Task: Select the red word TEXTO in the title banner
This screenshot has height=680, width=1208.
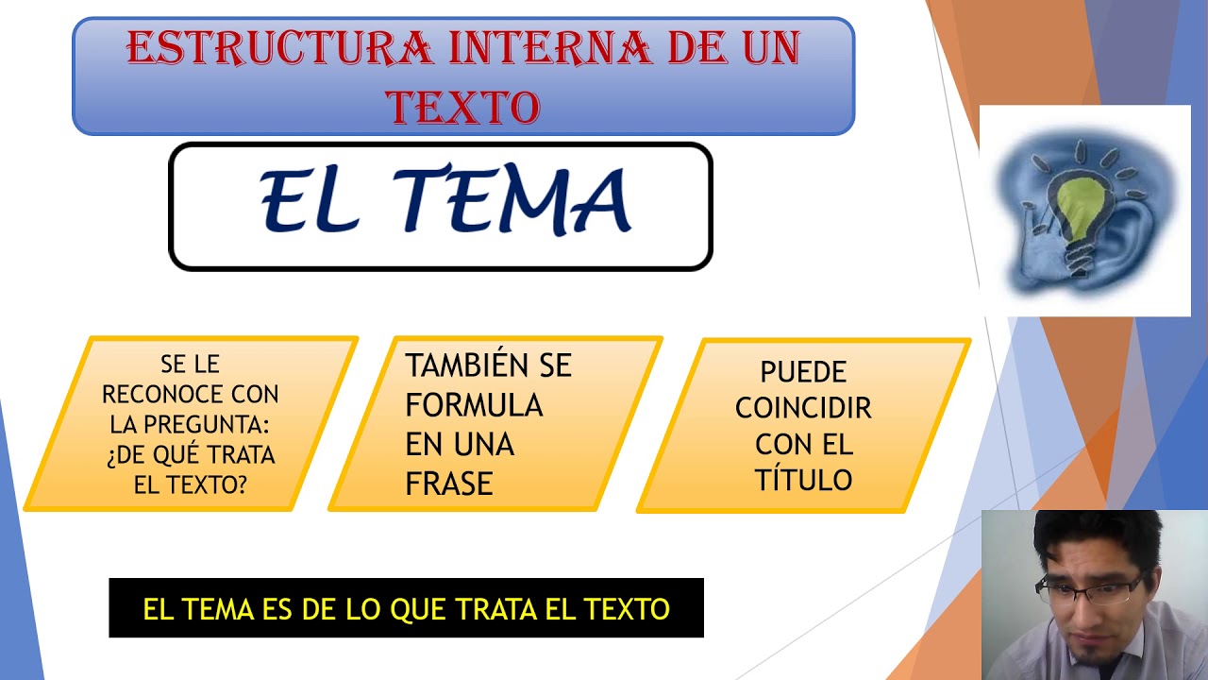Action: coord(463,107)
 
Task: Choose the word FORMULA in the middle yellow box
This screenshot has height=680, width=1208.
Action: coord(474,405)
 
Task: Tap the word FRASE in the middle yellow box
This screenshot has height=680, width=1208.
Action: coord(449,484)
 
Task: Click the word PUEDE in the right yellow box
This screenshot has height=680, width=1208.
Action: coord(803,371)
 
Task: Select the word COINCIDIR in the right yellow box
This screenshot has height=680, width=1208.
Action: coord(803,408)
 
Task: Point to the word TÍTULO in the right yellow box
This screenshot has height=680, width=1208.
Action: coord(803,479)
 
